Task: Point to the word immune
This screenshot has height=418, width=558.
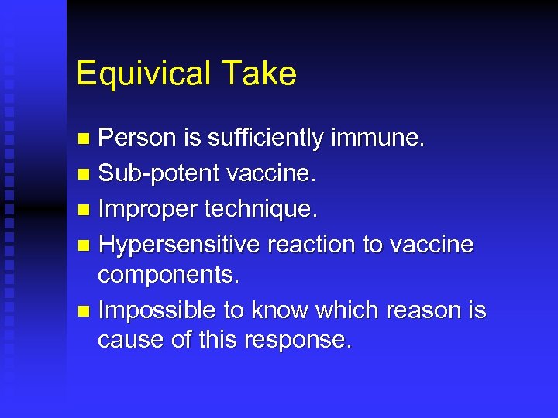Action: (x=379, y=139)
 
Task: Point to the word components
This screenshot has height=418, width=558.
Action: (x=165, y=275)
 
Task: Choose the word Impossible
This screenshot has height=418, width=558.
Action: (x=157, y=310)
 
